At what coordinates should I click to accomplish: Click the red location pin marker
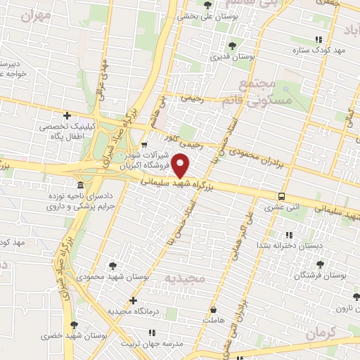coord(181,166)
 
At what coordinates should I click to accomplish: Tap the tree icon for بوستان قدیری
coord(232,46)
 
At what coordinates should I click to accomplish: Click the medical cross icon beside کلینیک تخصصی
coord(67,115)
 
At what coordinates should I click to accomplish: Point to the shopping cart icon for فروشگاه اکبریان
coord(144,146)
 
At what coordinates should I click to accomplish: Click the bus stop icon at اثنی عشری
coord(281,197)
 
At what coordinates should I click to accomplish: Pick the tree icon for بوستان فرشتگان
coord(321,264)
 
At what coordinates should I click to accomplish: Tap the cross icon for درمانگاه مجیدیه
coord(132,300)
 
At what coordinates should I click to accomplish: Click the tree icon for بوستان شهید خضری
coord(74,325)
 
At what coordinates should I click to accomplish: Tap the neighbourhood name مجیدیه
coord(184,279)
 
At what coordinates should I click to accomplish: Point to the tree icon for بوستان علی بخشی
coord(207,5)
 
